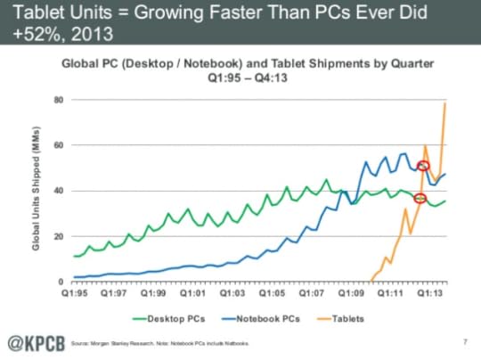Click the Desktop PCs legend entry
click(168, 316)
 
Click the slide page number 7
click(465, 342)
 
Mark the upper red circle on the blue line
click(423, 167)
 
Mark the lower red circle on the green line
click(421, 198)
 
